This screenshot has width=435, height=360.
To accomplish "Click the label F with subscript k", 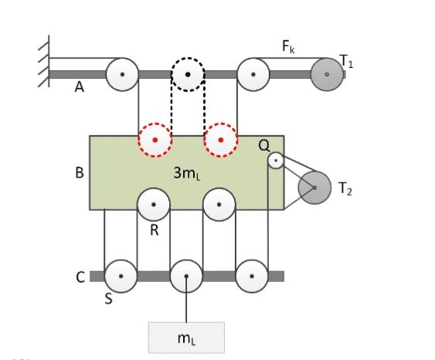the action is [288, 46].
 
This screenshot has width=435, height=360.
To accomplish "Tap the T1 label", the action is [346, 61].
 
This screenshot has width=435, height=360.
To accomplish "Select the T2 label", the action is [345, 188].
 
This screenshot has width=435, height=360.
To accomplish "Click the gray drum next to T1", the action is [327, 74].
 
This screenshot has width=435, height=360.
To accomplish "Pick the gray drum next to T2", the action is [314, 188].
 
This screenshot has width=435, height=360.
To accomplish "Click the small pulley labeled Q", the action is [276, 161].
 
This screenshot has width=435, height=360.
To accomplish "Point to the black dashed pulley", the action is [188, 74].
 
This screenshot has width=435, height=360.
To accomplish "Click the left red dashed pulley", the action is [155, 140].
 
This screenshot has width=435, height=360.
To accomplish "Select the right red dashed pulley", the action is [221, 140].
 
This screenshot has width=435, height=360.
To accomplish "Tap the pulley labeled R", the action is [154, 205].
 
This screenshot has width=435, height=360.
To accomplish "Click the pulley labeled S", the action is [121, 277].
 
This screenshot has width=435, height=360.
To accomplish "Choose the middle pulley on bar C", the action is [186, 277].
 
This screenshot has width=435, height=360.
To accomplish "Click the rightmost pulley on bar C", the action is [252, 277].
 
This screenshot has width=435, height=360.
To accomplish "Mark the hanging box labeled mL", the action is [186, 338].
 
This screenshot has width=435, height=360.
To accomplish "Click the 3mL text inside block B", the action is [187, 173].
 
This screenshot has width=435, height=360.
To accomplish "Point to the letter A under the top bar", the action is [80, 87].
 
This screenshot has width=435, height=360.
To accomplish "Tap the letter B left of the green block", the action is [80, 172].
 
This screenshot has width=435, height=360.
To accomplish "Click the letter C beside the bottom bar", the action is [80, 277].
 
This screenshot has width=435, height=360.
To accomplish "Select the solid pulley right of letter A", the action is [122, 74].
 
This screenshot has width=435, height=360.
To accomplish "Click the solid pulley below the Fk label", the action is [253, 74].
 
